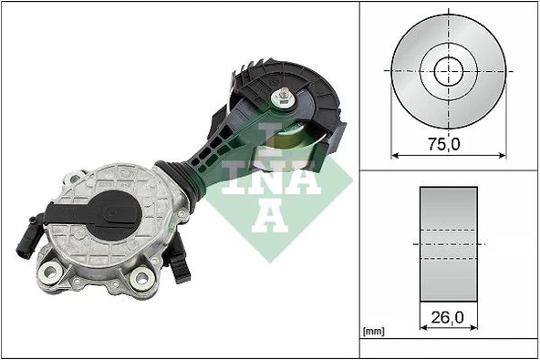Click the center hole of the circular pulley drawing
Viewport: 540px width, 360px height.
click(x=448, y=69)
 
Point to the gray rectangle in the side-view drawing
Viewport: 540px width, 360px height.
click(x=448, y=244)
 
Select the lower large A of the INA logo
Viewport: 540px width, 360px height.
click(x=265, y=214)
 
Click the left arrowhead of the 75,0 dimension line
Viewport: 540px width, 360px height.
click(x=395, y=155)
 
